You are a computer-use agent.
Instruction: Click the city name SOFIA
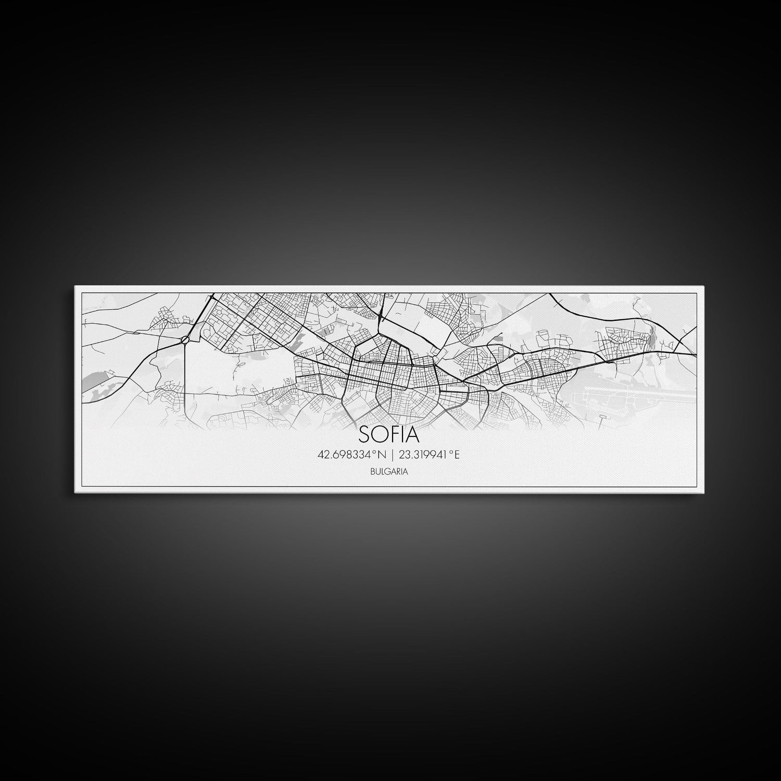click(x=389, y=434)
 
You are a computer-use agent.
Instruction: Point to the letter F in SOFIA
click(x=394, y=434)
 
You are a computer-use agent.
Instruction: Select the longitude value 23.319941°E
click(x=429, y=455)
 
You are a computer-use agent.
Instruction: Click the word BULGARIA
click(x=389, y=471)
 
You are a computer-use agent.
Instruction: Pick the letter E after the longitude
click(x=456, y=455)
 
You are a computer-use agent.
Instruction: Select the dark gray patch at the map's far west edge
click(x=98, y=377)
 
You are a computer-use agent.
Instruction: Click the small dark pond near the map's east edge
click(x=650, y=339)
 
